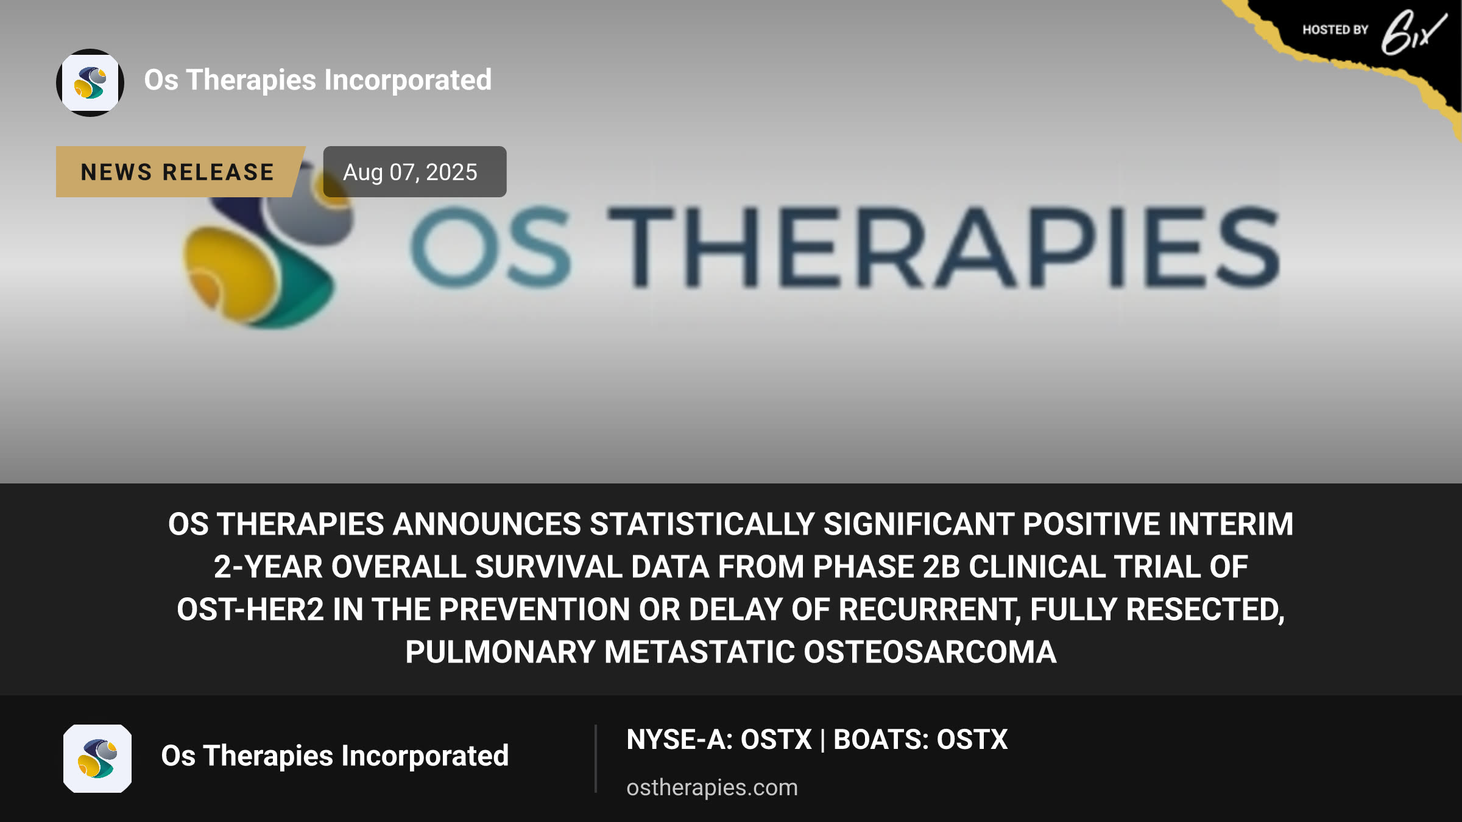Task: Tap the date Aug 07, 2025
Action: tap(410, 172)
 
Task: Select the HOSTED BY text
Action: tap(1335, 30)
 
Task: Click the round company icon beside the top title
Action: tap(90, 83)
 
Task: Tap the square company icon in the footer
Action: tap(97, 759)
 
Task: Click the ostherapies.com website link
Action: tap(712, 787)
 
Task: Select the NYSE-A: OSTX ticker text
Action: tap(719, 740)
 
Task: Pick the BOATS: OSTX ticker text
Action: tap(920, 740)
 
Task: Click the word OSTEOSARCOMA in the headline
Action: tap(930, 652)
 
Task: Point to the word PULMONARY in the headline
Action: tap(500, 652)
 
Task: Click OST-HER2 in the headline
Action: tap(250, 609)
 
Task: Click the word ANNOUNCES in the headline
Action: tap(487, 524)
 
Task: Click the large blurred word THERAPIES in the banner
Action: tap(943, 247)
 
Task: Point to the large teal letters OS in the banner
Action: tap(491, 247)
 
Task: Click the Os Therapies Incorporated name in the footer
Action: tap(335, 756)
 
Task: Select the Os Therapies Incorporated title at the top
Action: tap(318, 80)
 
